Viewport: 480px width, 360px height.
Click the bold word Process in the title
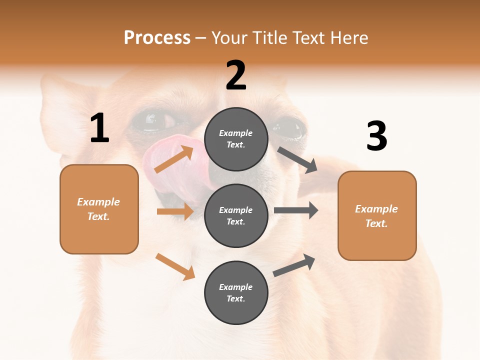(157, 38)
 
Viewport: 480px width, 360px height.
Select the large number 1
(99, 128)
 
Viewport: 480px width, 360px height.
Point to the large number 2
(236, 75)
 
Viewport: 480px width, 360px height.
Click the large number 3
(376, 136)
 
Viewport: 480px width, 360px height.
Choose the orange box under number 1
(99, 209)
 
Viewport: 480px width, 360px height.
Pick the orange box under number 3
(377, 216)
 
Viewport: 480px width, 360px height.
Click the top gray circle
(236, 139)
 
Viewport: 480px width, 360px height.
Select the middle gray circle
(236, 215)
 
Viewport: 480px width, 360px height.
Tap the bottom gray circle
(236, 292)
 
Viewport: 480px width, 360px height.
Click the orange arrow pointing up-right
(174, 159)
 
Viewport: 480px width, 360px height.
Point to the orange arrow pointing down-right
(175, 266)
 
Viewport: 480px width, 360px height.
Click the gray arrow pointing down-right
(297, 159)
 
